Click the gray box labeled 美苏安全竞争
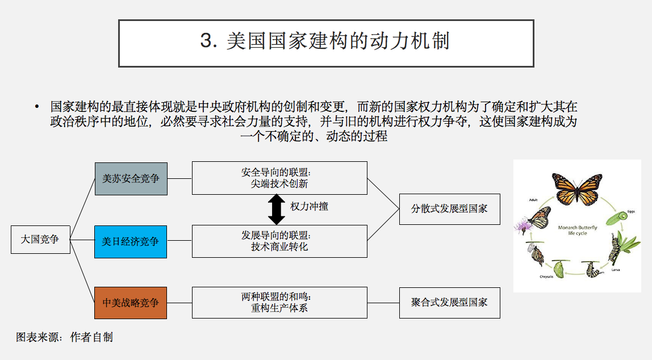point(131,178)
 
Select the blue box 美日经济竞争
point(131,241)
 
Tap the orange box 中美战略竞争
point(131,303)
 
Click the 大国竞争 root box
point(40,239)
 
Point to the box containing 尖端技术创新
point(279,178)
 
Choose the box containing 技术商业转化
point(279,241)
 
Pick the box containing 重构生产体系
point(279,303)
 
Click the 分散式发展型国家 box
point(449,208)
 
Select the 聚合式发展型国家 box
point(449,302)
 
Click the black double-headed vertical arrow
point(277,209)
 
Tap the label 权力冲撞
point(309,206)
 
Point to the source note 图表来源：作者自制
point(64,337)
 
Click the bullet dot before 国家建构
point(37,107)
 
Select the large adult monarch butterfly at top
point(577,187)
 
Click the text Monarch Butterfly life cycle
point(577,230)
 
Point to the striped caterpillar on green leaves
point(616,249)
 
